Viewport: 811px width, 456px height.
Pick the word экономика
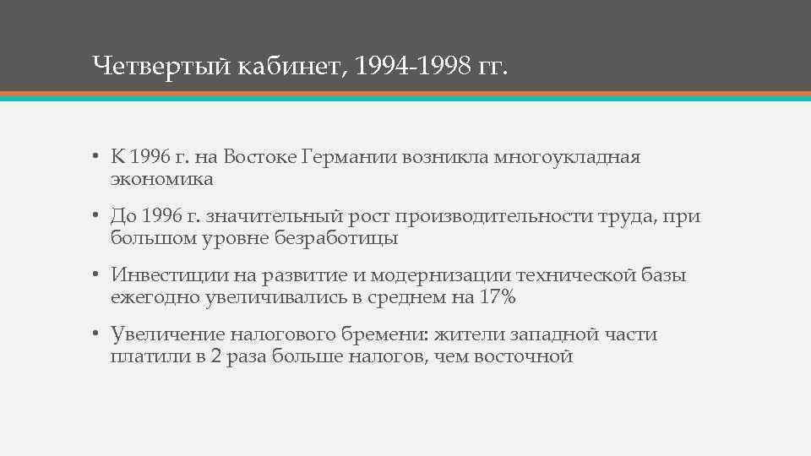(161, 179)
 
